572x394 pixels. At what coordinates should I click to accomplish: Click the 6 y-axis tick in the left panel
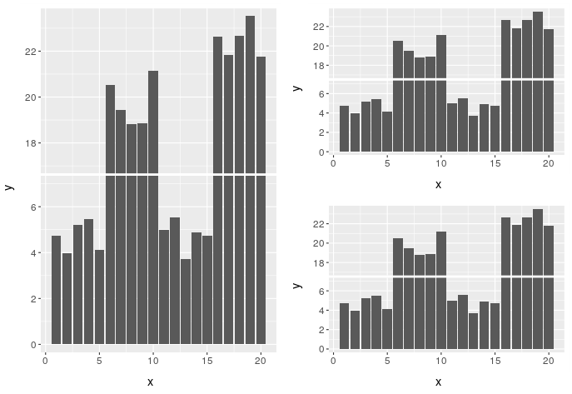coord(37,207)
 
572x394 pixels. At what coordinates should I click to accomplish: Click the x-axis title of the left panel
coord(150,382)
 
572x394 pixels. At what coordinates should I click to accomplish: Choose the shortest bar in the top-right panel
coord(473,134)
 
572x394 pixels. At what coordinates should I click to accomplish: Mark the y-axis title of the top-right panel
coord(297,86)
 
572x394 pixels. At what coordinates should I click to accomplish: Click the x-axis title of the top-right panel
coord(438,184)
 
